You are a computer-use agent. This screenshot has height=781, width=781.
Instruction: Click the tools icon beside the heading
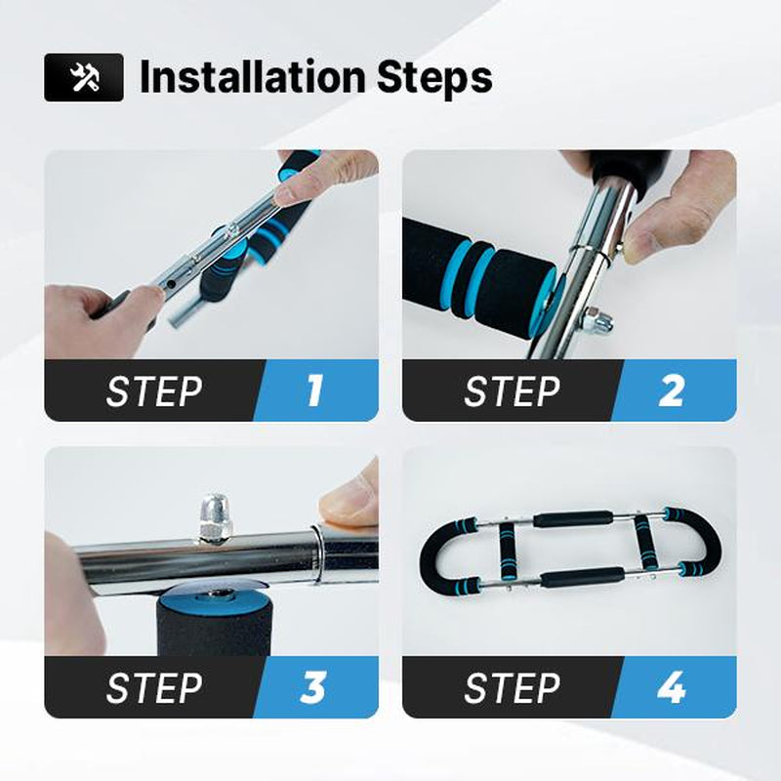84,78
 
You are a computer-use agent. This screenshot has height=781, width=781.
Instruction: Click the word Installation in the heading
253,77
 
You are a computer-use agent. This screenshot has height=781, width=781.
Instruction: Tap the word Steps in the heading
434,78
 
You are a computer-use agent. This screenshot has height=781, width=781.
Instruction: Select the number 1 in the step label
313,390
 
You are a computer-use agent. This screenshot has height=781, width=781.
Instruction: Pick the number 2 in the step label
671,390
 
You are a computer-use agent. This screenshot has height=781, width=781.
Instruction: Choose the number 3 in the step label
312,687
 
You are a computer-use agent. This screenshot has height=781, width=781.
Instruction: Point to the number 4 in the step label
671,687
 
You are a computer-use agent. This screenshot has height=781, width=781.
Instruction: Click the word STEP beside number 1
154,391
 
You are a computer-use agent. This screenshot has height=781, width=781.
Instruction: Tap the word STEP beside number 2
512,391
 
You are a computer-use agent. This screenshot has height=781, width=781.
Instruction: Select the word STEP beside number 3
154,688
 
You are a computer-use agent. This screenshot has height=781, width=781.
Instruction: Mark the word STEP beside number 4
512,688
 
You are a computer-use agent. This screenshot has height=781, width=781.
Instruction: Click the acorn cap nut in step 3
215,517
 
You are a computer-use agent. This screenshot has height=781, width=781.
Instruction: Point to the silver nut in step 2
596,320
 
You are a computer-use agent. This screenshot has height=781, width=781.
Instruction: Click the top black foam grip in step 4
573,518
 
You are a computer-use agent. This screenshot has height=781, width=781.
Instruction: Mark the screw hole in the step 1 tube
171,284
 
